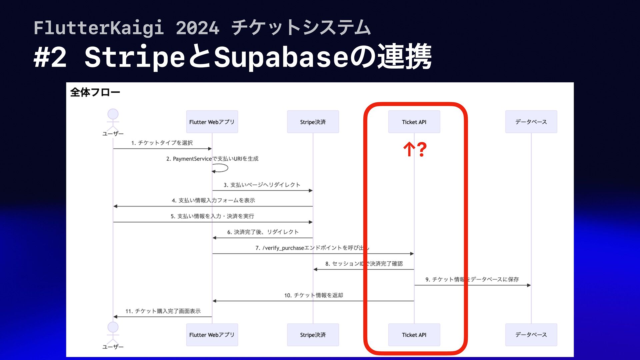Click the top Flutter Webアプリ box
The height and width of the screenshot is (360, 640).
pyautogui.click(x=212, y=122)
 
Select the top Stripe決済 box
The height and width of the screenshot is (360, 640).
pyautogui.click(x=313, y=122)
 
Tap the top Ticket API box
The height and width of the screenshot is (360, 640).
pyautogui.click(x=414, y=122)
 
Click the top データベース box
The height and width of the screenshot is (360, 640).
pyautogui.click(x=531, y=122)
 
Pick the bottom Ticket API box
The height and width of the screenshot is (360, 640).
pyautogui.click(x=414, y=335)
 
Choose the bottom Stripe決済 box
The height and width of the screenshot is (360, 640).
pyautogui.click(x=313, y=335)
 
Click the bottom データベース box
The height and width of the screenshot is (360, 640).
pyautogui.click(x=531, y=335)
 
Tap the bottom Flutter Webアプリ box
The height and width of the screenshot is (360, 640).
pyautogui.click(x=212, y=335)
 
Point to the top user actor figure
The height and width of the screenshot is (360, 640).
pyautogui.click(x=113, y=119)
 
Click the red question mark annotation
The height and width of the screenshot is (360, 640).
pyautogui.click(x=422, y=149)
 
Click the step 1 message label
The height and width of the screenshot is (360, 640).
pyautogui.click(x=162, y=143)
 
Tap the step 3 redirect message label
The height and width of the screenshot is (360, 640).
pyautogui.click(x=262, y=185)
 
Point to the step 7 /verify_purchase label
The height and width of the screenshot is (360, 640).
pyautogui.click(x=312, y=248)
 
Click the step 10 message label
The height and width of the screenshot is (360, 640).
pyautogui.click(x=313, y=295)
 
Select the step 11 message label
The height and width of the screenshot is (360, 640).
pyautogui.click(x=163, y=311)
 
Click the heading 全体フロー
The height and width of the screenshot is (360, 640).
pyautogui.click(x=95, y=92)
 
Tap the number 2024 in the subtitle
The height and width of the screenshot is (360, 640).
pyautogui.click(x=197, y=28)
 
